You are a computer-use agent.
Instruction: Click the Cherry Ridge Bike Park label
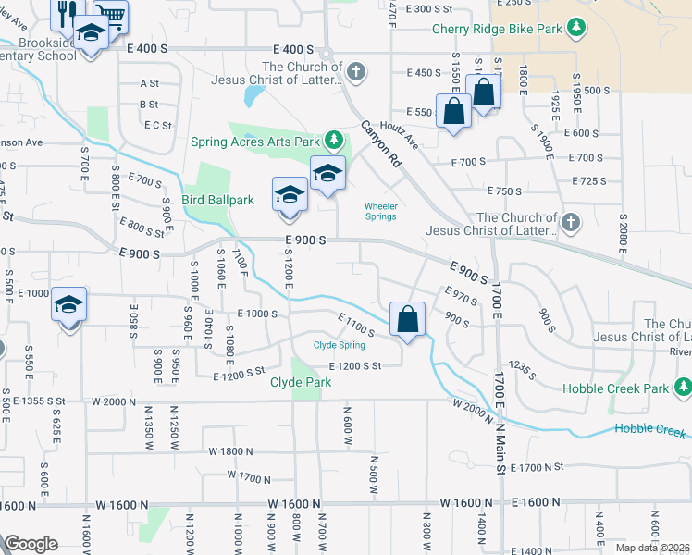point(497,29)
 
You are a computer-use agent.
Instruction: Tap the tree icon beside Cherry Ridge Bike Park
point(578,27)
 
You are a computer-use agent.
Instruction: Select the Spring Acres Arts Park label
point(255,142)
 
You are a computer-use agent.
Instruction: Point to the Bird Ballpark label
point(218,200)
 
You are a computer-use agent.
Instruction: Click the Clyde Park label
point(294,382)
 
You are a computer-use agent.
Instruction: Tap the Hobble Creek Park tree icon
point(683,387)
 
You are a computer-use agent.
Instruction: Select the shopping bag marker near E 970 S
point(407,320)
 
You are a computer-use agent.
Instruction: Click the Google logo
point(31,544)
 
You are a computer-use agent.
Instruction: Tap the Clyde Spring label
point(339,345)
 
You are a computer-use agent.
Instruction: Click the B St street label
point(149,105)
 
